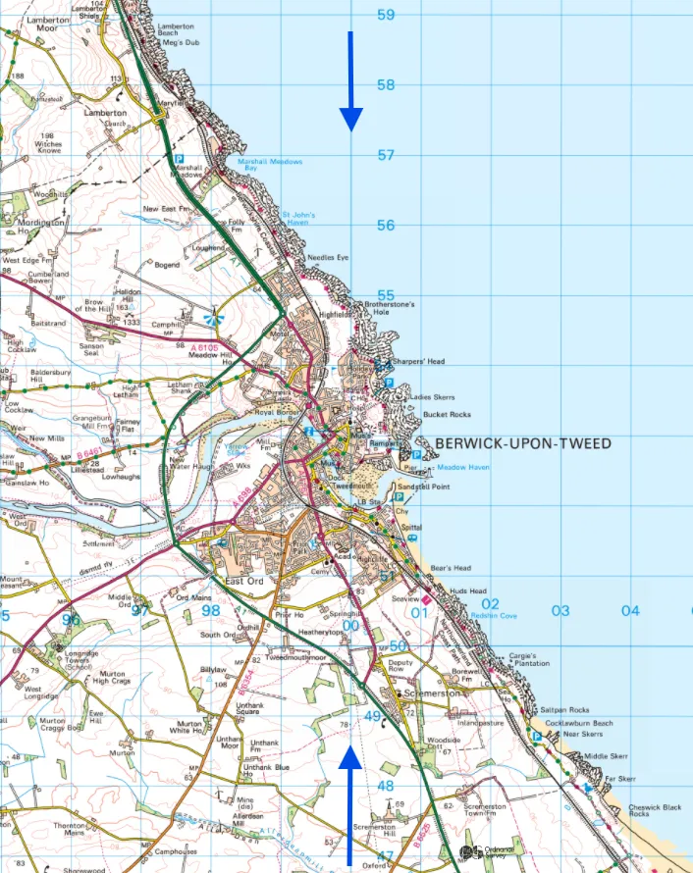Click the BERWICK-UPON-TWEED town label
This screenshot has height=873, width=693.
[522, 443]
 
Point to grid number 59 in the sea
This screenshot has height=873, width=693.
[386, 15]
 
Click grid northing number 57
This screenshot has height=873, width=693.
[386, 155]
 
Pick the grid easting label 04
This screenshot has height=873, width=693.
[629, 611]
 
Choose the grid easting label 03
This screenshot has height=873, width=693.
[560, 611]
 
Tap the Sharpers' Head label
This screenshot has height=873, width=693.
[419, 362]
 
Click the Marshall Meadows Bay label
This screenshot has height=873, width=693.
[270, 166]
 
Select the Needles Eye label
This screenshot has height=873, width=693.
[328, 257]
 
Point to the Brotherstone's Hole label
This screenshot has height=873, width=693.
[390, 308]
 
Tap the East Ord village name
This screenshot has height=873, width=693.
[244, 582]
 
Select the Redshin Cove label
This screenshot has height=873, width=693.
[494, 616]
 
